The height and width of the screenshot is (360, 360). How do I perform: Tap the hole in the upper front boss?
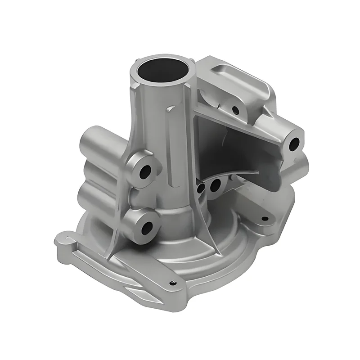point(145,171)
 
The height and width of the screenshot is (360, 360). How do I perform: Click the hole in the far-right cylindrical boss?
point(294,144)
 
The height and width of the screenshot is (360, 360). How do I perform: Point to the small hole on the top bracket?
point(235,109)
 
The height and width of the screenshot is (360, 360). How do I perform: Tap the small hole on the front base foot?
point(173,283)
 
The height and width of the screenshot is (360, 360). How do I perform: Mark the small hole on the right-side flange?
point(265,219)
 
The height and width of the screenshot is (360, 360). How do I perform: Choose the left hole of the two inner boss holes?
point(201,188)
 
